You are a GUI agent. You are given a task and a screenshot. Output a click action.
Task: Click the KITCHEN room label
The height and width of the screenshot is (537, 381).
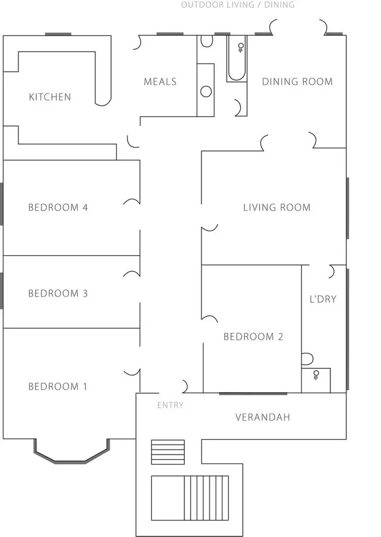[50, 97]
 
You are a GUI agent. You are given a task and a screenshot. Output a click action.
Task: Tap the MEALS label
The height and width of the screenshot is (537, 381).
[160, 81]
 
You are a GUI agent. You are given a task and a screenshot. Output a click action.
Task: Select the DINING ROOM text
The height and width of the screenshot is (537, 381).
[297, 81]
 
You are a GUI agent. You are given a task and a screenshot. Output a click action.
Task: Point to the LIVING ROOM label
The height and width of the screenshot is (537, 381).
[276, 207]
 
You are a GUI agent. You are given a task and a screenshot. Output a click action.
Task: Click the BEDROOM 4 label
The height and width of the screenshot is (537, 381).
[58, 207]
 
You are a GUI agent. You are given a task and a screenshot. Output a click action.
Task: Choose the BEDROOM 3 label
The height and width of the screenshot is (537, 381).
[58, 293]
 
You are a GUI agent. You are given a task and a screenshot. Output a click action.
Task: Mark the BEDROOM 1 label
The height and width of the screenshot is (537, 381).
[58, 387]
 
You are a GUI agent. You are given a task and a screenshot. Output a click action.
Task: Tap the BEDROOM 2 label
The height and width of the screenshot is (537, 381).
[253, 336]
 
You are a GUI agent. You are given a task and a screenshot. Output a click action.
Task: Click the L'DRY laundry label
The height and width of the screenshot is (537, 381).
[323, 299]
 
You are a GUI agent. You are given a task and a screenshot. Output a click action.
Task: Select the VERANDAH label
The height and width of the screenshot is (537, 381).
[263, 417]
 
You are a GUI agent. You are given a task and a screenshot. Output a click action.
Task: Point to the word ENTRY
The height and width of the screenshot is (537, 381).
[170, 405]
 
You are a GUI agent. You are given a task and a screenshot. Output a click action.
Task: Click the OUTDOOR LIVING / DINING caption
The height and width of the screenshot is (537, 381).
[238, 5]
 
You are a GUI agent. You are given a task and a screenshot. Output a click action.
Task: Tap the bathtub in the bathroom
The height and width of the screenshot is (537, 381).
[237, 58]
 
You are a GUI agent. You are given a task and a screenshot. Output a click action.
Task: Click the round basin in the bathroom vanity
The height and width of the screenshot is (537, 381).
[206, 91]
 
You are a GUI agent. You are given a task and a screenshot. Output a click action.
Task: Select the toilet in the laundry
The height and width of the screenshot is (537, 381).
[307, 360]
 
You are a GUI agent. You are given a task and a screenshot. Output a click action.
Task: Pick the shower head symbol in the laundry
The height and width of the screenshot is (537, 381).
[316, 375]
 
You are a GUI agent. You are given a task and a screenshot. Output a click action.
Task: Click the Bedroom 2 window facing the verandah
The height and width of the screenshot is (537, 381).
[252, 393]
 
